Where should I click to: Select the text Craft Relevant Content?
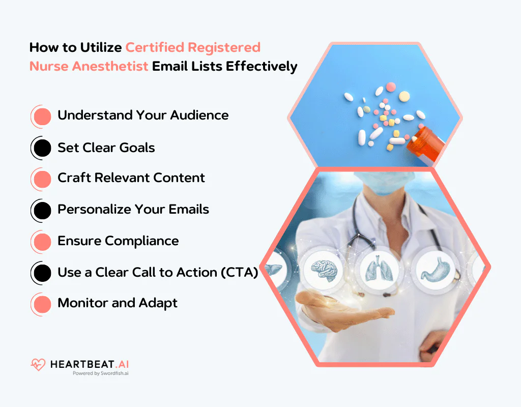(x=131, y=178)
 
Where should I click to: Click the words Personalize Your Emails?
(x=133, y=210)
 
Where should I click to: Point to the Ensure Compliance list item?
(x=118, y=241)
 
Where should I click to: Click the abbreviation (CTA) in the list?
(x=239, y=273)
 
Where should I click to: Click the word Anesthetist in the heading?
(x=107, y=66)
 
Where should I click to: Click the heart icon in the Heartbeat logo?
(x=38, y=364)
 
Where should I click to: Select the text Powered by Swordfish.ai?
(x=100, y=373)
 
